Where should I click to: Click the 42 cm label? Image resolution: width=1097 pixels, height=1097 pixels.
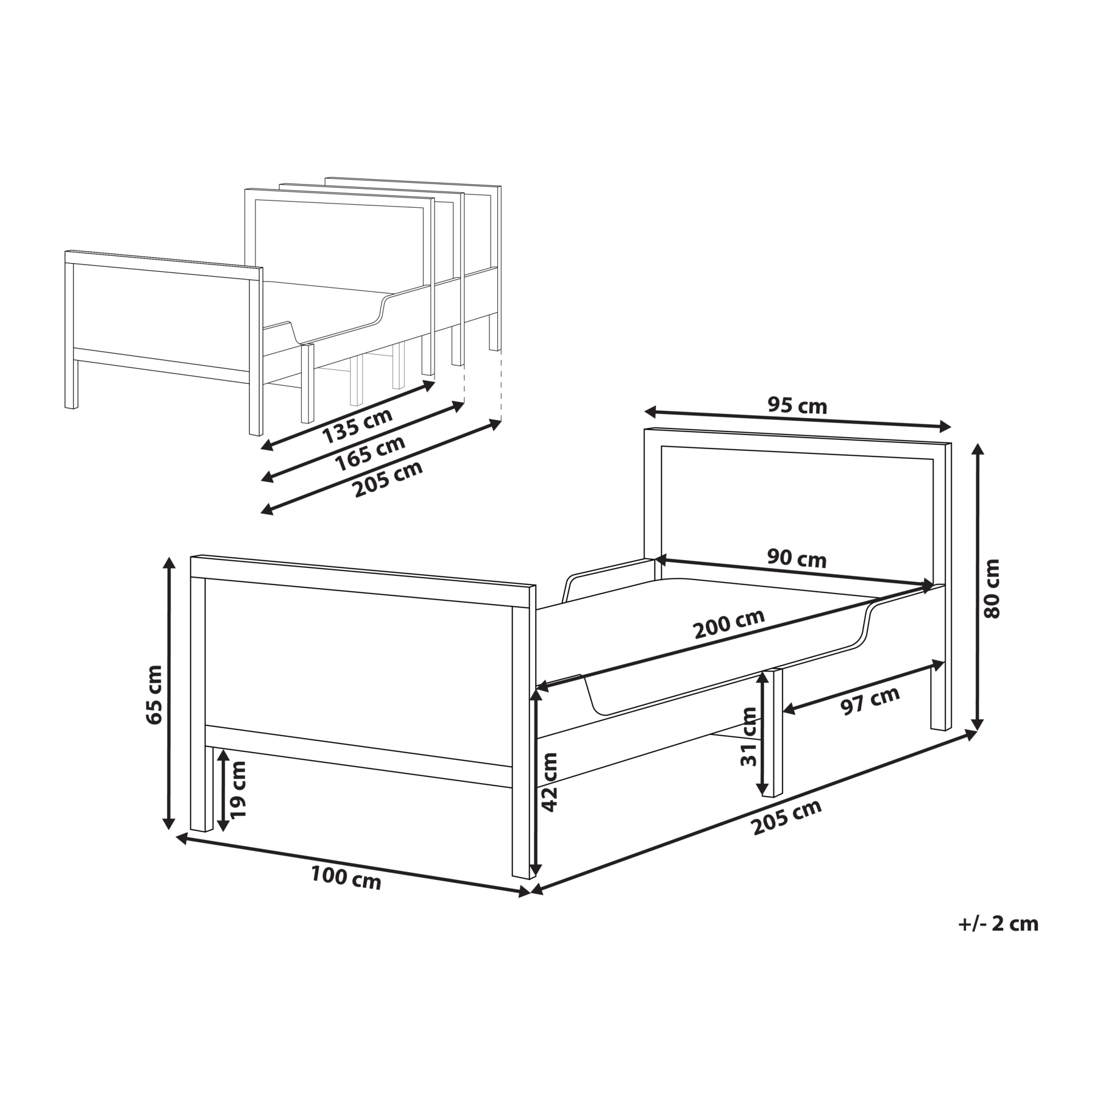(550, 782)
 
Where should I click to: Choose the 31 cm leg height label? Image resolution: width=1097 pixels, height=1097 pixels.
(749, 736)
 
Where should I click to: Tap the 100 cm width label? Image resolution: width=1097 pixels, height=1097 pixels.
(346, 878)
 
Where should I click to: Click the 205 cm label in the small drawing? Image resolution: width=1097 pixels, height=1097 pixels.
(388, 479)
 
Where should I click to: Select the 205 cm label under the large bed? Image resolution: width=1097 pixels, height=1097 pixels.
(786, 817)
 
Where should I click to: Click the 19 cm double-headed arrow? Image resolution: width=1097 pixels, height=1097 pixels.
(223, 789)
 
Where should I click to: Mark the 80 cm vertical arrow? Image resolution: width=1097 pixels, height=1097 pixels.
(977, 587)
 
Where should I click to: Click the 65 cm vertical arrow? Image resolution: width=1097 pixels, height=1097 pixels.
(169, 694)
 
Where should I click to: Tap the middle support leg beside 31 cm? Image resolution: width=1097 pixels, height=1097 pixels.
(777, 732)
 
